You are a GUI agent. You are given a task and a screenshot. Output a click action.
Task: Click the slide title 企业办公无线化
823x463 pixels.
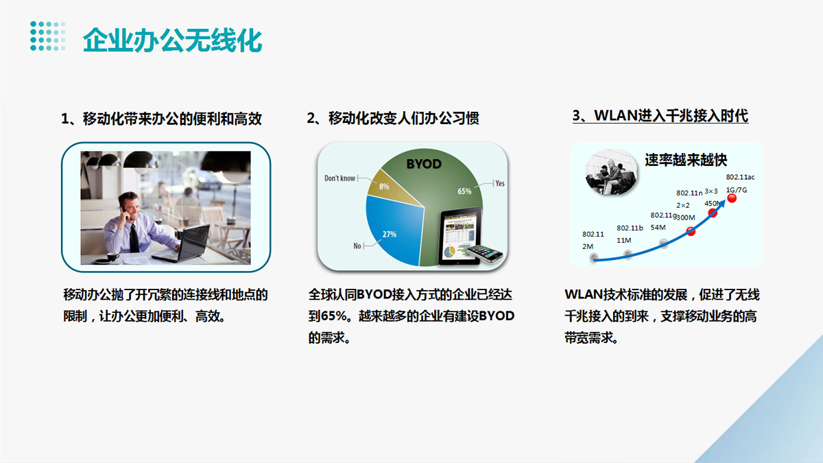point(172,40)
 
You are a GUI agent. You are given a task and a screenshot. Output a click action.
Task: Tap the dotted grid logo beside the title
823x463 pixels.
point(48,36)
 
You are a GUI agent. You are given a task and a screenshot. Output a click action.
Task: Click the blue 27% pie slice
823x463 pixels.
point(393,230)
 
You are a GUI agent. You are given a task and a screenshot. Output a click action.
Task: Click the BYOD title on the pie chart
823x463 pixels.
point(424,164)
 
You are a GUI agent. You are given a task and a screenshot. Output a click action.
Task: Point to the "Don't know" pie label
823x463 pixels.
point(340,178)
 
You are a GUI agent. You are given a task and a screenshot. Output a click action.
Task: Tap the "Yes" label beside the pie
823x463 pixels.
point(500,183)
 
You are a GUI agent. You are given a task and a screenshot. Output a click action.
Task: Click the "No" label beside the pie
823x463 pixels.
point(357,246)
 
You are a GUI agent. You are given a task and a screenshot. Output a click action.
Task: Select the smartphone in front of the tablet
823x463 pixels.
point(485,253)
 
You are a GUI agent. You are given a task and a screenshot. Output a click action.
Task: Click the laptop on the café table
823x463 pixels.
point(182,244)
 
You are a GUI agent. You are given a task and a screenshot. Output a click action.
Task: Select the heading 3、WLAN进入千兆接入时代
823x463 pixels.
point(660,116)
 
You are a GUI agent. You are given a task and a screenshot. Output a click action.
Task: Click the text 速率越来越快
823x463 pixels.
point(686,160)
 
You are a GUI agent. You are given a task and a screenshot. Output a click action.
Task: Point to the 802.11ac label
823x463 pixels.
point(740,177)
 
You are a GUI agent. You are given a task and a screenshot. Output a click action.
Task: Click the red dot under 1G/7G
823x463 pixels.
point(732,198)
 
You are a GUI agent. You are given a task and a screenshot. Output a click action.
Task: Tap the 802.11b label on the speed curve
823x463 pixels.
point(630,228)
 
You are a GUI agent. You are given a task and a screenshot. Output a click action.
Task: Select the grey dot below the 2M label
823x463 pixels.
point(594,258)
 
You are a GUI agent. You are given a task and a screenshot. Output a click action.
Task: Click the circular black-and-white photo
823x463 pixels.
point(611,171)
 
